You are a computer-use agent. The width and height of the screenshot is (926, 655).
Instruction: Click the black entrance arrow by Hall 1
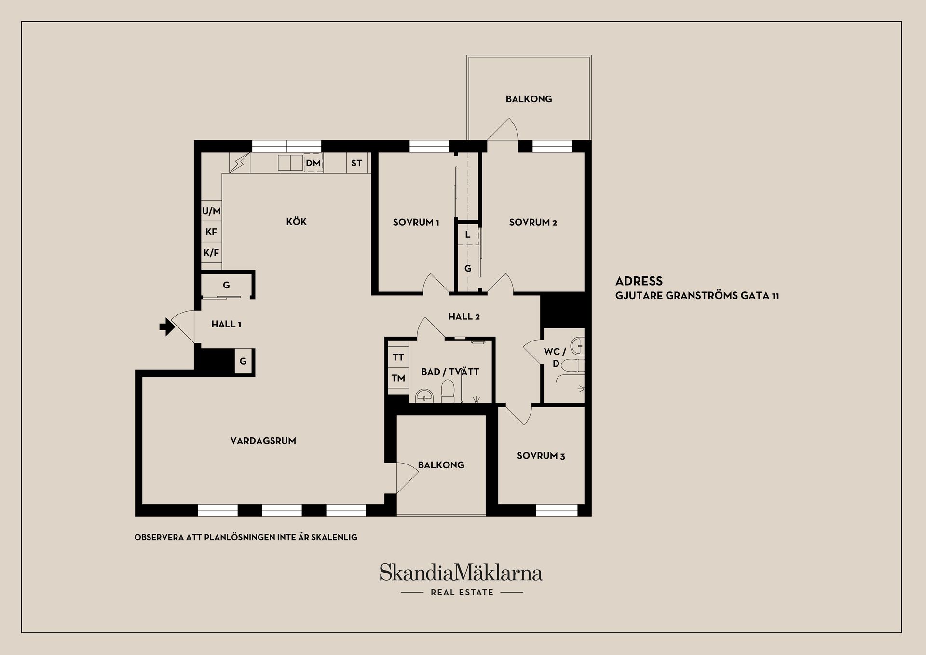click(x=167, y=327)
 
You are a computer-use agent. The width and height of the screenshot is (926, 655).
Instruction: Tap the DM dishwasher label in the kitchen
click(x=313, y=163)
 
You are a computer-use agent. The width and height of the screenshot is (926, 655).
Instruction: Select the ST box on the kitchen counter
click(x=357, y=163)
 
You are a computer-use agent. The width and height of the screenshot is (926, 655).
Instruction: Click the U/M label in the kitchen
click(x=211, y=211)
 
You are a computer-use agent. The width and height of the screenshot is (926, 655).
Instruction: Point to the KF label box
click(x=211, y=232)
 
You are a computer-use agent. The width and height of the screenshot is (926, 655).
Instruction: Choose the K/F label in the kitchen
click(x=211, y=252)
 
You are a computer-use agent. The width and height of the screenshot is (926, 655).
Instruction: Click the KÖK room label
click(x=296, y=222)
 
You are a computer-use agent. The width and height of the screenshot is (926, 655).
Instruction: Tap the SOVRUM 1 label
click(x=416, y=222)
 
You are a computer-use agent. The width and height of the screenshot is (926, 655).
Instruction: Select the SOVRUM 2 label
click(x=533, y=222)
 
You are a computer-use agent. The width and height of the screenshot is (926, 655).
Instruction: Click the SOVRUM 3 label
click(x=541, y=456)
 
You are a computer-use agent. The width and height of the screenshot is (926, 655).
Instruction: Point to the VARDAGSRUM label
click(x=263, y=441)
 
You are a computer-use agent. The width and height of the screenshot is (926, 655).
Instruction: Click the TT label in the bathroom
click(x=398, y=357)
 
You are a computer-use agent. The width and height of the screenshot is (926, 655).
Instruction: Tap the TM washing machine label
click(x=398, y=378)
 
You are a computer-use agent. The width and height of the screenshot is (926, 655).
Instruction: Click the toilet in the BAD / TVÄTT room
click(x=448, y=391)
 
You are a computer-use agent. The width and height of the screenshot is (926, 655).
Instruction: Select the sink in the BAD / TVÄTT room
click(x=424, y=396)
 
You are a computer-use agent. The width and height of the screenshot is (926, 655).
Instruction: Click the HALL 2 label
click(x=464, y=316)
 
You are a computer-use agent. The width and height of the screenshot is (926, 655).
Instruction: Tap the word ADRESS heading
click(x=639, y=281)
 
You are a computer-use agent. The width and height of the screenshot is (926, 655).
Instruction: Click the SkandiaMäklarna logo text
click(x=461, y=573)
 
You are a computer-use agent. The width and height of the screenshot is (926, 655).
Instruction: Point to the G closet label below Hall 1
click(x=243, y=361)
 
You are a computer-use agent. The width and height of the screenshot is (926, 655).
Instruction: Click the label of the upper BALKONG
click(x=529, y=99)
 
